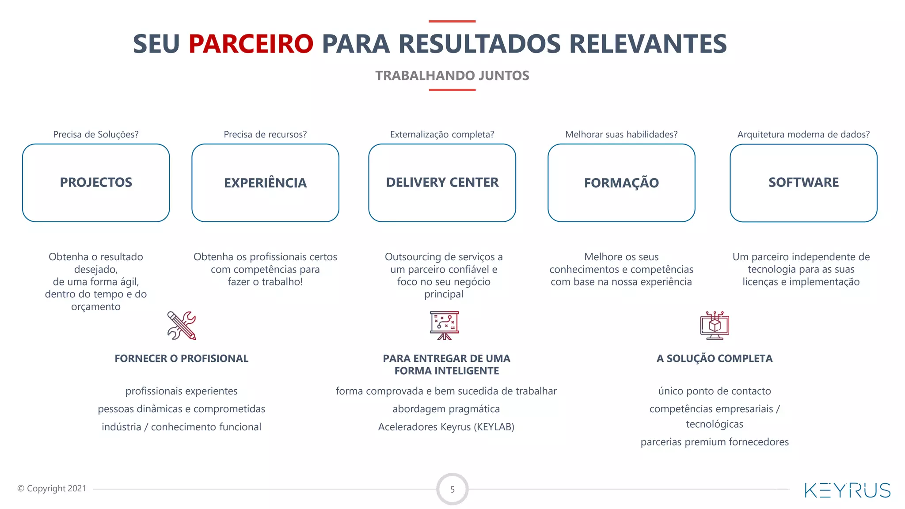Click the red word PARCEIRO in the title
[251, 44]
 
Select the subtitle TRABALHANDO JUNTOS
[452, 76]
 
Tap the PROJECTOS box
[96, 182]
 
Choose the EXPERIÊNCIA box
[265, 182]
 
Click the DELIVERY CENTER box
[442, 182]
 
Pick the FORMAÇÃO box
[621, 182]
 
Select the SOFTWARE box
[803, 182]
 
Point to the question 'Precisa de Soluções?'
[96, 134]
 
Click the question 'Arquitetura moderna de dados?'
[803, 134]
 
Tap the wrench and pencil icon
[182, 326]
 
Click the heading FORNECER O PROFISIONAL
[182, 358]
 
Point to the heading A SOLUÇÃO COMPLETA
[715, 358]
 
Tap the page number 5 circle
[452, 489]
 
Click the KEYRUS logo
[848, 490]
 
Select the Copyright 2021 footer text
[52, 488]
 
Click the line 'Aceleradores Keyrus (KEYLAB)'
[446, 427]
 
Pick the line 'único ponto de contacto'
[715, 391]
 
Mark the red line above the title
[452, 21]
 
